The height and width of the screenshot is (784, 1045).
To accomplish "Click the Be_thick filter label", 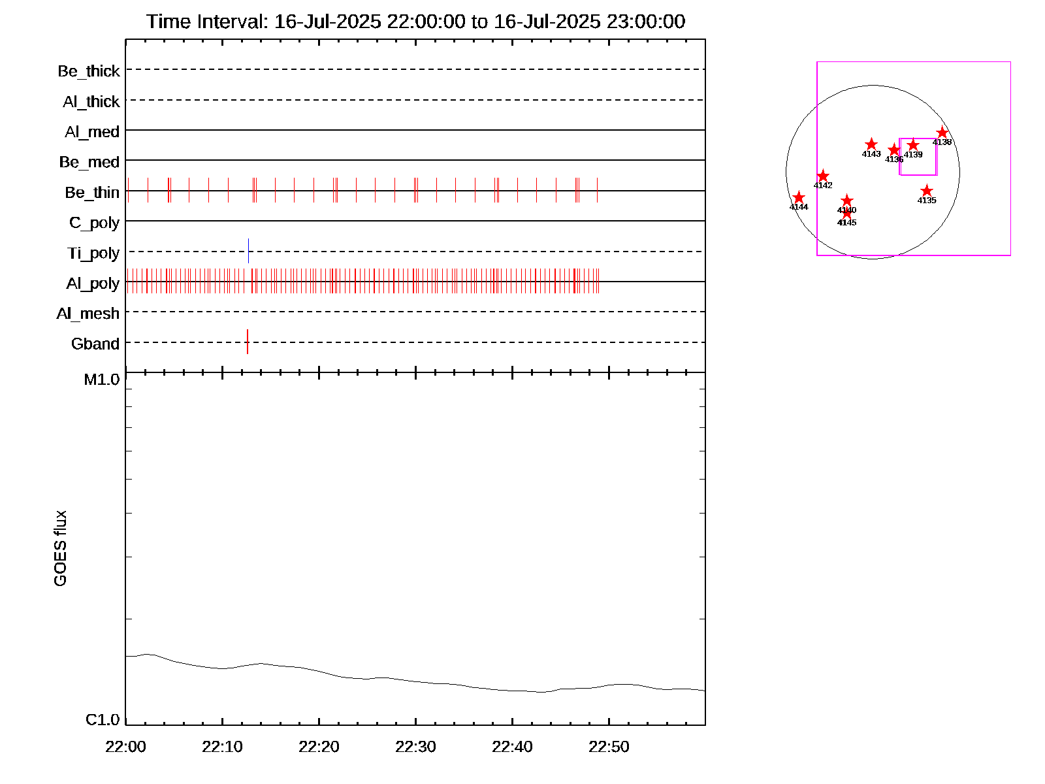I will coord(89,71).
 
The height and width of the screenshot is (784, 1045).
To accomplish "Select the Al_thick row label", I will coord(91,102).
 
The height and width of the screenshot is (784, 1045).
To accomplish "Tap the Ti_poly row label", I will coord(93,253).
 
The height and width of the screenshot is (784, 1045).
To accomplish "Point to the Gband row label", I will coord(95,344).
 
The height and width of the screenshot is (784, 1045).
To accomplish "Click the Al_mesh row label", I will coord(88,314).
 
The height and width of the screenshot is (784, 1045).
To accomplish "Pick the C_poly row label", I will coord(95,223).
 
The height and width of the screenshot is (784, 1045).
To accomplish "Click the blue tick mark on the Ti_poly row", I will coord(248,251).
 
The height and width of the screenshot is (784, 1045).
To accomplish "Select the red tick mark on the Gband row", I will coord(248,342).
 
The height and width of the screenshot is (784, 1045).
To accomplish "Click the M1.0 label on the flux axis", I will coord(102,380).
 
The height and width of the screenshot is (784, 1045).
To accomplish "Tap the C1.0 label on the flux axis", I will coord(103,720).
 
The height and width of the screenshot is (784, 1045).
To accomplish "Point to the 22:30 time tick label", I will coord(415,747).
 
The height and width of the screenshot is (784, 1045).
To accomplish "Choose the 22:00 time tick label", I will coord(125,747).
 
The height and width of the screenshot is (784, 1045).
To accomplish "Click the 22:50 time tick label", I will coord(609,747).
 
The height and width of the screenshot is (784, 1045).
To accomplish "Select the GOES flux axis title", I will coord(60,549).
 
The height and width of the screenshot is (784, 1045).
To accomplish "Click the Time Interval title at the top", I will coord(415,22).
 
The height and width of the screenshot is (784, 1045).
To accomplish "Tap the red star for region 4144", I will coord(799,197).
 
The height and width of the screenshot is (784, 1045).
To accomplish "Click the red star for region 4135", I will coord(927,191).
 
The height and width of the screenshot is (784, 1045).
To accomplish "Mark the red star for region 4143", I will coord(871,144).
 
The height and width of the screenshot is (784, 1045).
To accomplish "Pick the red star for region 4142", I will coord(823,176).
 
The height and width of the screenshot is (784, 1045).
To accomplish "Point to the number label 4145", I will coord(846,223).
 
